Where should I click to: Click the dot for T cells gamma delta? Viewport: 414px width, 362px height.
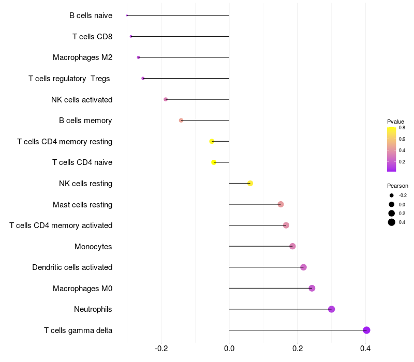click(x=366, y=330)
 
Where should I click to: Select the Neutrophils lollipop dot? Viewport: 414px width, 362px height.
click(x=331, y=309)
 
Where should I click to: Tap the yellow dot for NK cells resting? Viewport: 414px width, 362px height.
click(x=250, y=183)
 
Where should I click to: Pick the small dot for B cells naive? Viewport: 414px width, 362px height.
click(x=127, y=16)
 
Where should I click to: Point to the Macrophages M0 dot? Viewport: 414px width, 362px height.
click(x=312, y=288)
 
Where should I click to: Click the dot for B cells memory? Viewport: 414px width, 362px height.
click(x=181, y=120)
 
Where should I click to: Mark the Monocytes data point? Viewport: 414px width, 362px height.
click(x=292, y=246)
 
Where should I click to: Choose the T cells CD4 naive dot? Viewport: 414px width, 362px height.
click(x=214, y=162)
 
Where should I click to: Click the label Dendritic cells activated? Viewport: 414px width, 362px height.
click(x=72, y=267)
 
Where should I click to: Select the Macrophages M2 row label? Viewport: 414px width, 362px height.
click(x=83, y=57)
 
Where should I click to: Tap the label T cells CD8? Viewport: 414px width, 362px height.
click(x=93, y=36)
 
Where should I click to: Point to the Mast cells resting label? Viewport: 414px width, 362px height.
click(x=83, y=204)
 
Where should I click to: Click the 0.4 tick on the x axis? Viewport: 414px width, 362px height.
click(x=365, y=349)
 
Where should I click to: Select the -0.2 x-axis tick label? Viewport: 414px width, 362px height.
click(x=161, y=349)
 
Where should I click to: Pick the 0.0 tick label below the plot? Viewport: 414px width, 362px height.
click(x=229, y=349)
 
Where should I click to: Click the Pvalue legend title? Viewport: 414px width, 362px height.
click(x=395, y=122)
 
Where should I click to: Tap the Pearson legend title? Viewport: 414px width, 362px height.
click(x=397, y=186)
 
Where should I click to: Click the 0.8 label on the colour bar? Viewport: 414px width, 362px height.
click(x=402, y=128)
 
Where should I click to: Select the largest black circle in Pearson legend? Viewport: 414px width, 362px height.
click(x=392, y=222)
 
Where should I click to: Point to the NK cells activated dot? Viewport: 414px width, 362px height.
click(x=166, y=99)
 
